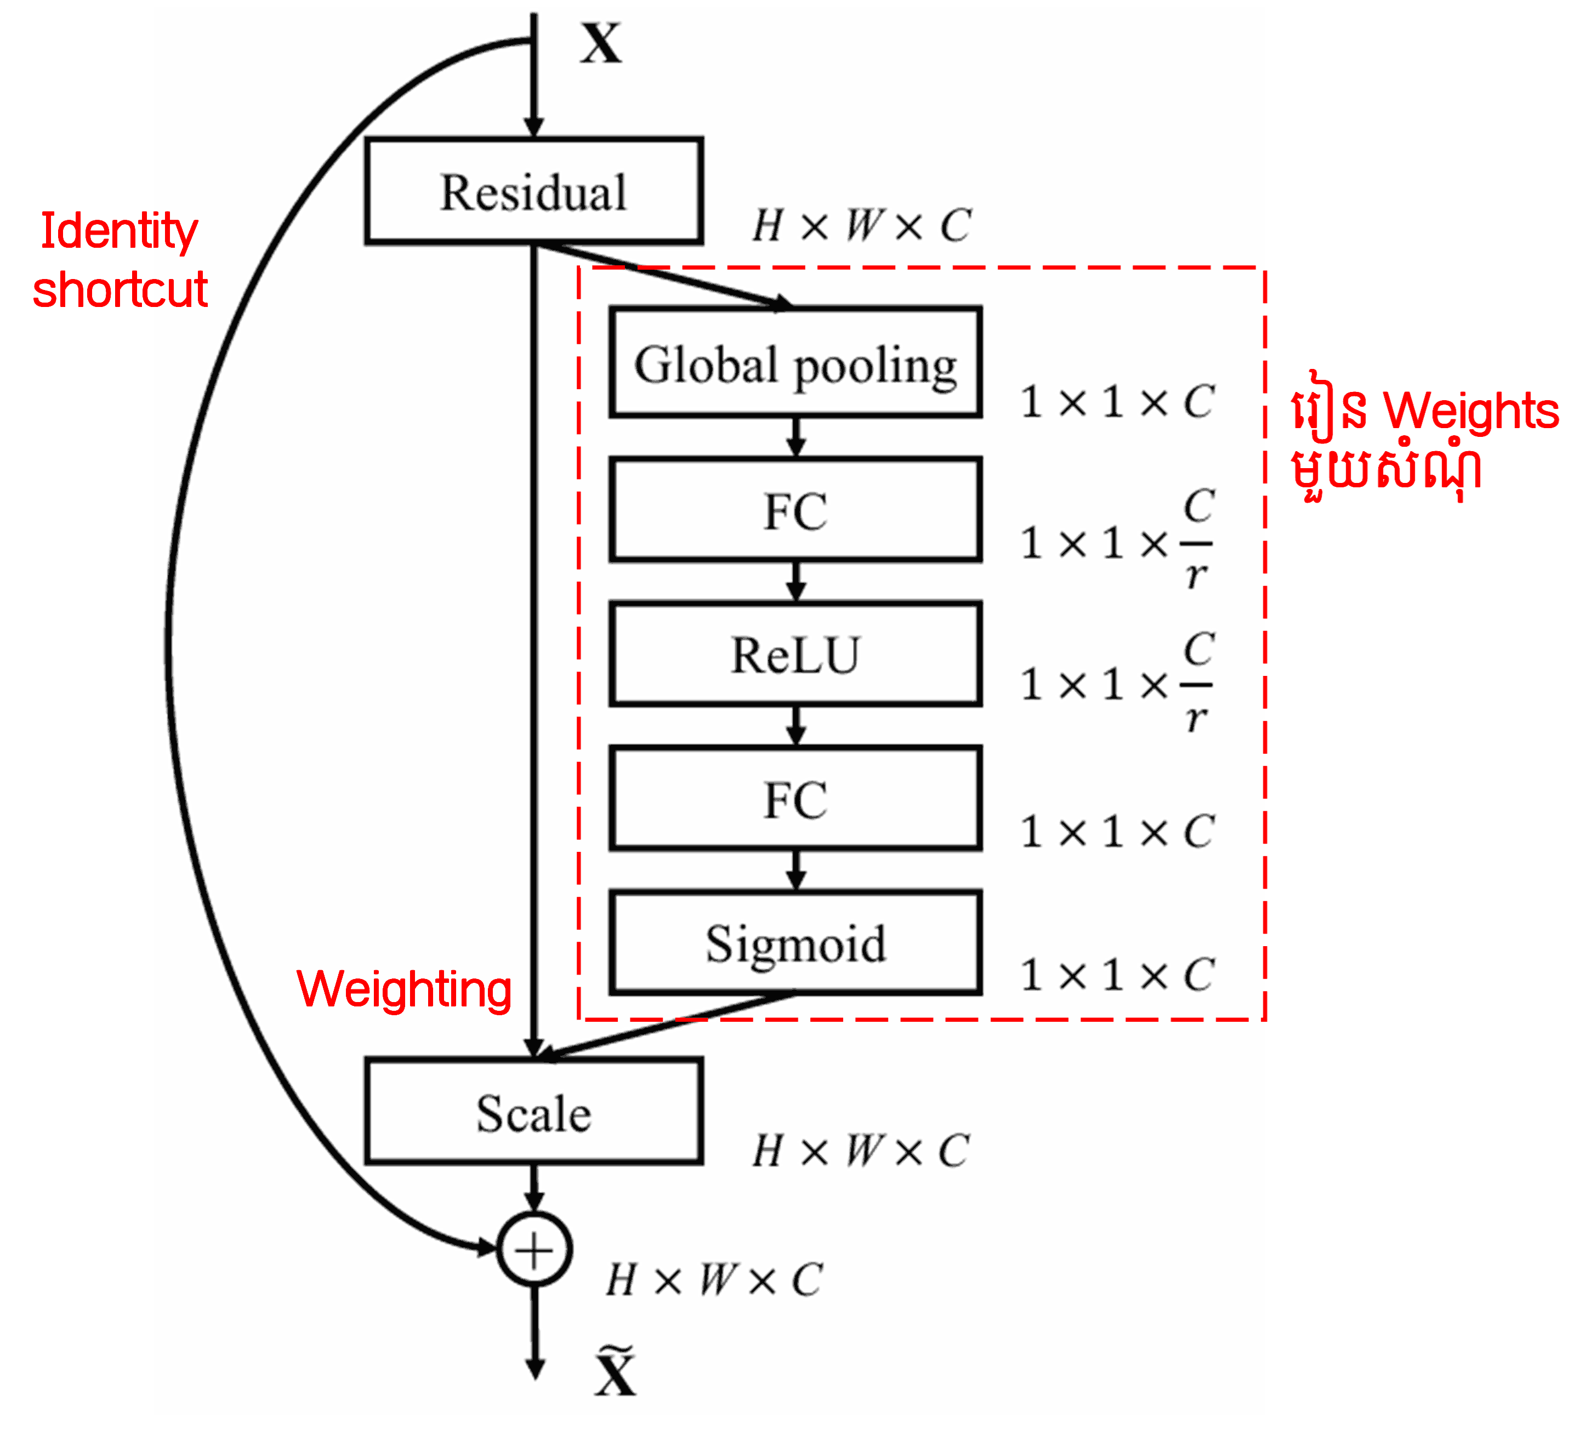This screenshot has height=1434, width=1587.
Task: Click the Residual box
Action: pos(534,191)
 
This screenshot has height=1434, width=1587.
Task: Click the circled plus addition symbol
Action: pos(534,1249)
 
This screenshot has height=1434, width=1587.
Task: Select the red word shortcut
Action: pos(120,289)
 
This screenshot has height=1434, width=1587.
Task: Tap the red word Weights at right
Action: pos(1470,411)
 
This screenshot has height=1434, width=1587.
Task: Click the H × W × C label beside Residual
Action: pos(861,226)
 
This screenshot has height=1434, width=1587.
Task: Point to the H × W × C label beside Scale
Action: pos(861,1151)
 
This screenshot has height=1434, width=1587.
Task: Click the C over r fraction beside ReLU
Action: pos(1197,683)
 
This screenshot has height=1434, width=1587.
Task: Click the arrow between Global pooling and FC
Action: pos(796,437)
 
